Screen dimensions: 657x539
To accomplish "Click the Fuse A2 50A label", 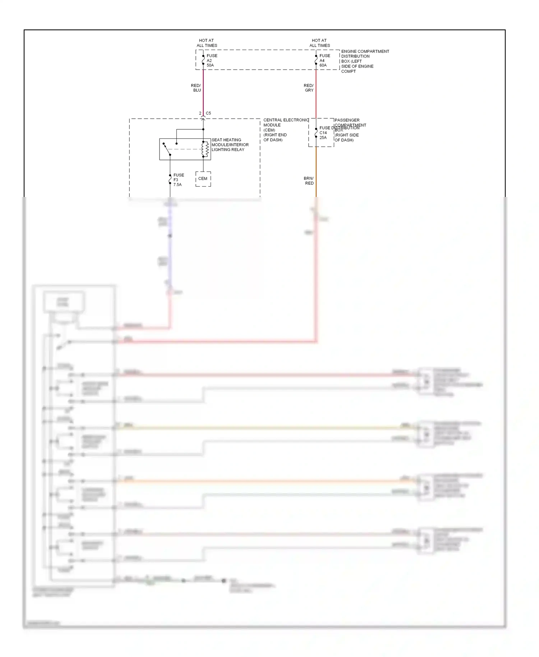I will [x=212, y=60].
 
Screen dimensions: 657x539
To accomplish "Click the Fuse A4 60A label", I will [x=324, y=60].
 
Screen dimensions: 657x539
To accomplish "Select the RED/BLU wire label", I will [x=196, y=88].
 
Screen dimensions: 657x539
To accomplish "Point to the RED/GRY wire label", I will [x=309, y=88].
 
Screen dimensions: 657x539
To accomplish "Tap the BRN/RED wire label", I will [x=309, y=181].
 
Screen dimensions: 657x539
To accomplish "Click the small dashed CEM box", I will [x=203, y=179].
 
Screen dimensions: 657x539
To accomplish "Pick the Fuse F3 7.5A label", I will [x=178, y=180].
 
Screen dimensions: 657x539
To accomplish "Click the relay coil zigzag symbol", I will [x=206, y=149].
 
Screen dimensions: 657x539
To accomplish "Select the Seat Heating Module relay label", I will [x=230, y=145].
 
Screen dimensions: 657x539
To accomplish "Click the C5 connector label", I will [x=208, y=113].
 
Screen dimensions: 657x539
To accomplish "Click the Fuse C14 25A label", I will [x=323, y=133].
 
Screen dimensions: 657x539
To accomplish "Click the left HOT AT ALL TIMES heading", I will [x=207, y=43].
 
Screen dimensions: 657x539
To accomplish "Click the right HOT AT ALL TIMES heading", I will [x=319, y=43].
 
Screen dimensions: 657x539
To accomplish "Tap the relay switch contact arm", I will [x=167, y=149].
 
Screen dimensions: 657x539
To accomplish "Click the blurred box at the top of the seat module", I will [x=64, y=302].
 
